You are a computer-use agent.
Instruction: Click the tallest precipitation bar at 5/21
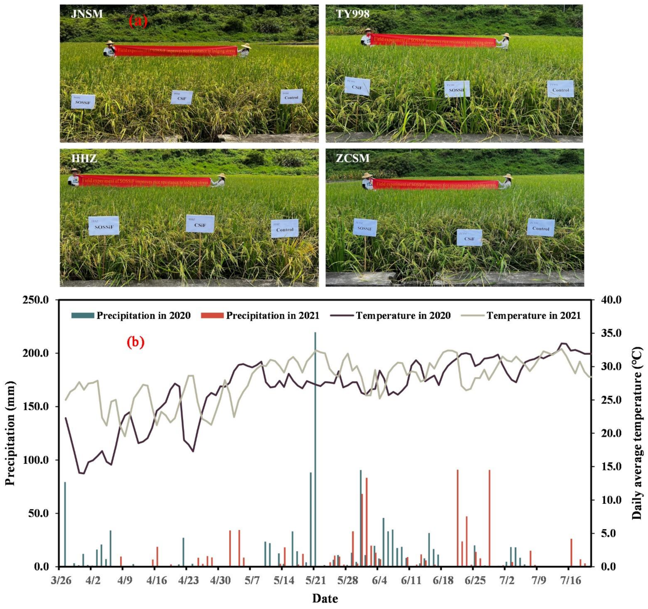click(x=315, y=450)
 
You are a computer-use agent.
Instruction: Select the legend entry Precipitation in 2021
click(x=260, y=316)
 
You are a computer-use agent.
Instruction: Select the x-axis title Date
click(x=325, y=599)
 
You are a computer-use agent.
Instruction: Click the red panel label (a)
click(x=138, y=21)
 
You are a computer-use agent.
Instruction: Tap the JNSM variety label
click(x=87, y=14)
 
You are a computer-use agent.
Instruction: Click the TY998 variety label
click(x=352, y=14)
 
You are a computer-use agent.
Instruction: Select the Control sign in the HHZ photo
click(x=284, y=228)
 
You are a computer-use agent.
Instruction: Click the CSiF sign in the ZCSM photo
click(x=469, y=238)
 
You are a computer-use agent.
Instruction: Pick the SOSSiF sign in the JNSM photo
click(x=83, y=102)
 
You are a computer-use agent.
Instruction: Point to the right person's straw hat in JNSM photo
click(x=246, y=46)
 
